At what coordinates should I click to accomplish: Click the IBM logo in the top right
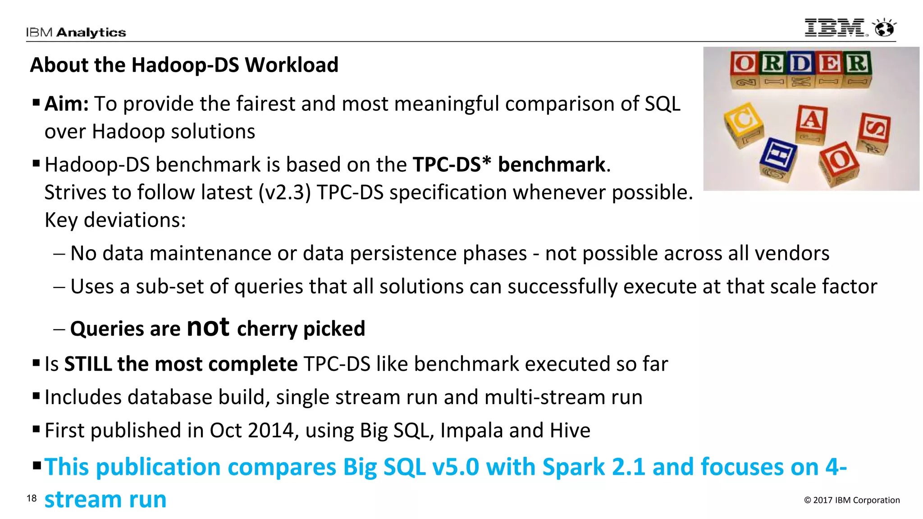[836, 28]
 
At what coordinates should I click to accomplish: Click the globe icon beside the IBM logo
[884, 28]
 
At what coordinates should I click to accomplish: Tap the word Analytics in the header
[91, 32]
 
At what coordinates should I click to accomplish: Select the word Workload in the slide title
[291, 65]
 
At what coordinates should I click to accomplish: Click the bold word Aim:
[67, 104]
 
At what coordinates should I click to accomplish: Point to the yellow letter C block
[744, 123]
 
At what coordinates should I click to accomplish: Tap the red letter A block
[811, 121]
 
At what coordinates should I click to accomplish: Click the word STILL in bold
[88, 364]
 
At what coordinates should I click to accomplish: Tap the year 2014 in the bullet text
[270, 431]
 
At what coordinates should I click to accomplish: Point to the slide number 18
[32, 498]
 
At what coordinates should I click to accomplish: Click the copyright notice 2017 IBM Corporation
[852, 500]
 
